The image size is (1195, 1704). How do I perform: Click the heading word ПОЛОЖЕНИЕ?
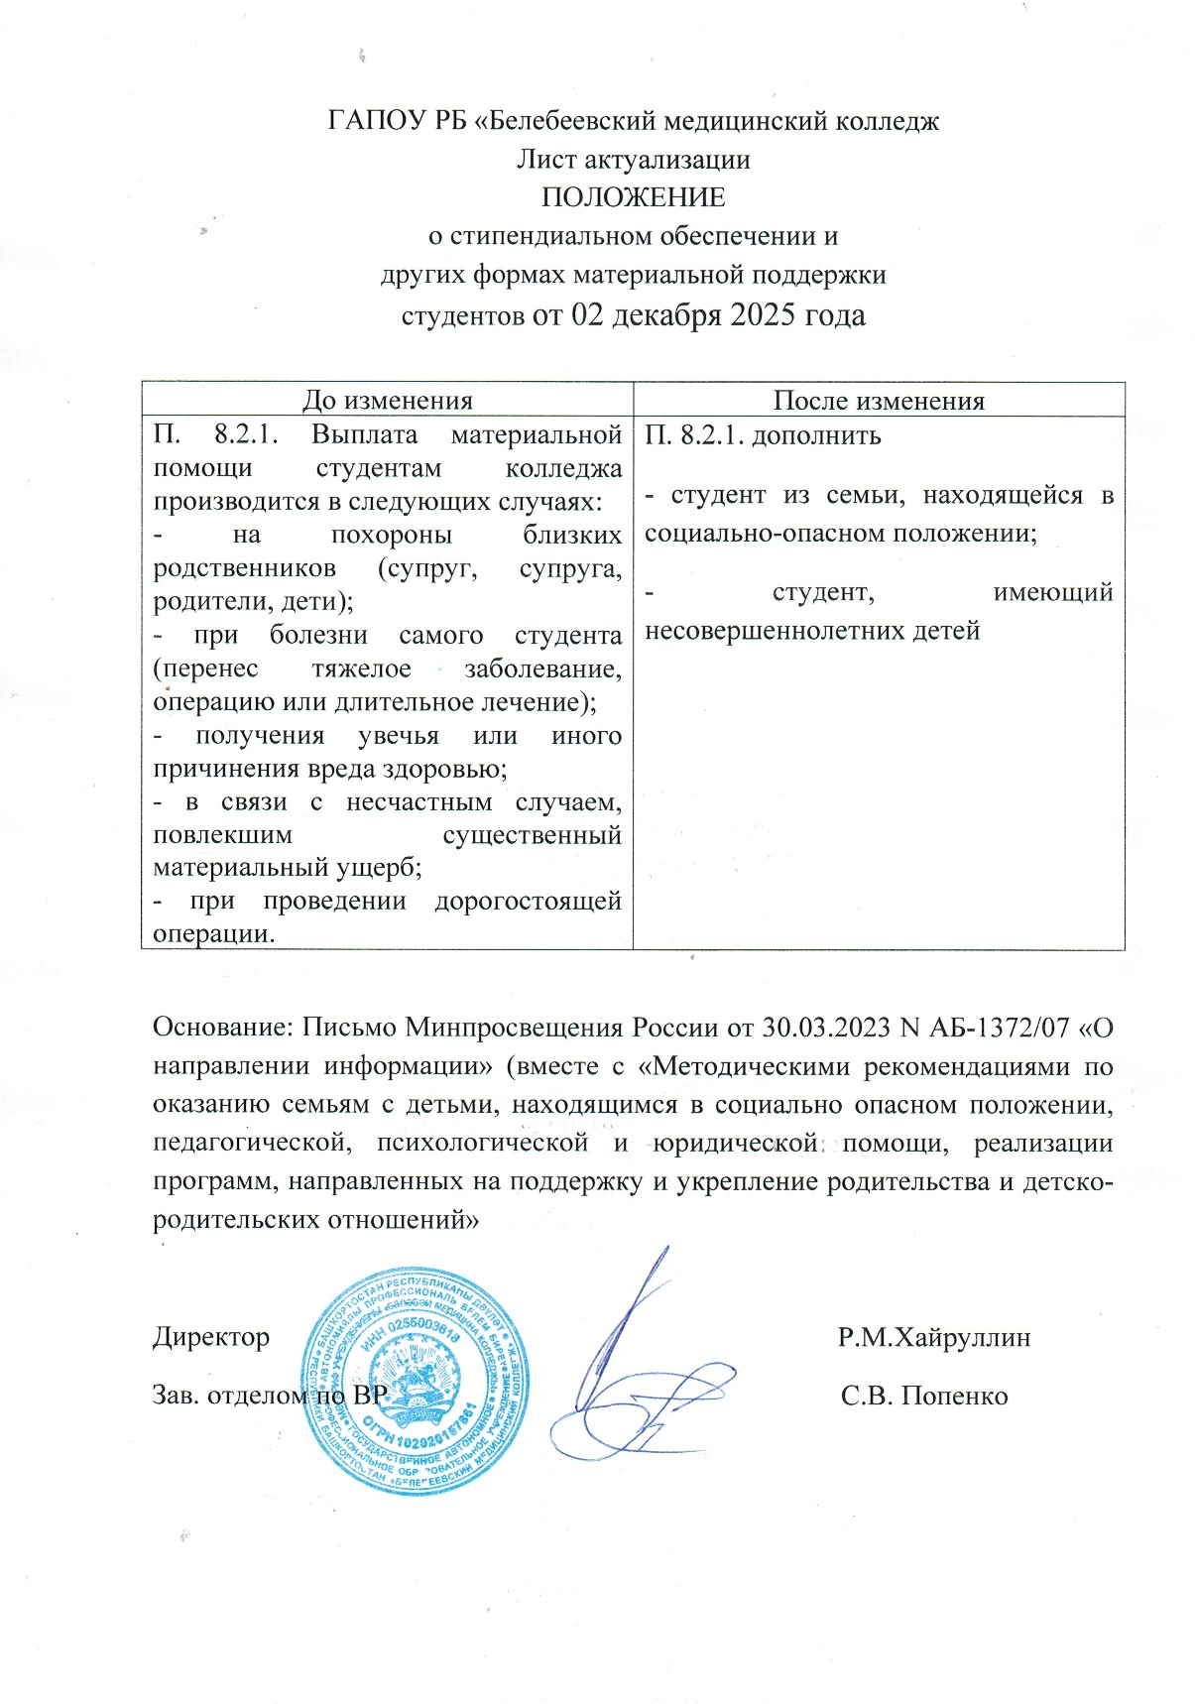pos(633,197)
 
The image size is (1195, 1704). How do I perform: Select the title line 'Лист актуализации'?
pos(633,159)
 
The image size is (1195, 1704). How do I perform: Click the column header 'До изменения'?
pos(387,400)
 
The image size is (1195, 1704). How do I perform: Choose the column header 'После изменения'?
pos(879,400)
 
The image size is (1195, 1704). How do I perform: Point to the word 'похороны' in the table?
pos(391,535)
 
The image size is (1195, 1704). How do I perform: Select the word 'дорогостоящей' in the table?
pos(528,901)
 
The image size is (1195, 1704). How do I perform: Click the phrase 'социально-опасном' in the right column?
pos(767,533)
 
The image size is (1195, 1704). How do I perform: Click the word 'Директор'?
pos(211,1337)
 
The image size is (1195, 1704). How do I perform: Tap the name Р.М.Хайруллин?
pos(933,1337)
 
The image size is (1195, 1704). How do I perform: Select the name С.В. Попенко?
pos(924,1396)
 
